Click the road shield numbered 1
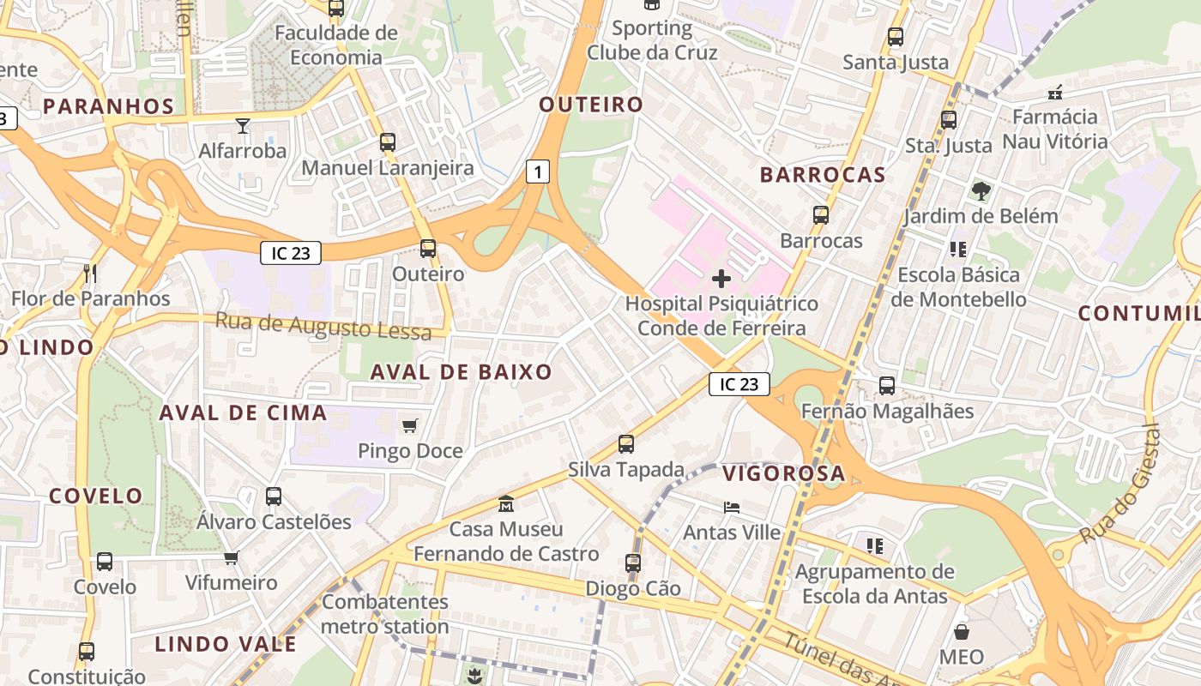537,171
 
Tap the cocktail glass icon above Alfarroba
243,126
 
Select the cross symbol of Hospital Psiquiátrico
721,278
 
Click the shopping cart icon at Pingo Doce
410,425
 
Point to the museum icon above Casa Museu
506,503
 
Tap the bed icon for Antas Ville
731,507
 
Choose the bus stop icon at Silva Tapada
626,444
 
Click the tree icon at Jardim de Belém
981,190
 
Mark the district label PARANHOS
109,106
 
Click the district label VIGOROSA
783,473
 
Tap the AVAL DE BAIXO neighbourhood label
461,372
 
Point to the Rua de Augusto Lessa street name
323,326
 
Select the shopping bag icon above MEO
962,632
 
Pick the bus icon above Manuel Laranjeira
388,142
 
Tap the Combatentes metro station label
385,614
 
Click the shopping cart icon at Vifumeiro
231,558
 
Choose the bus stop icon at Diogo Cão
633,563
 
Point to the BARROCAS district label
822,175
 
